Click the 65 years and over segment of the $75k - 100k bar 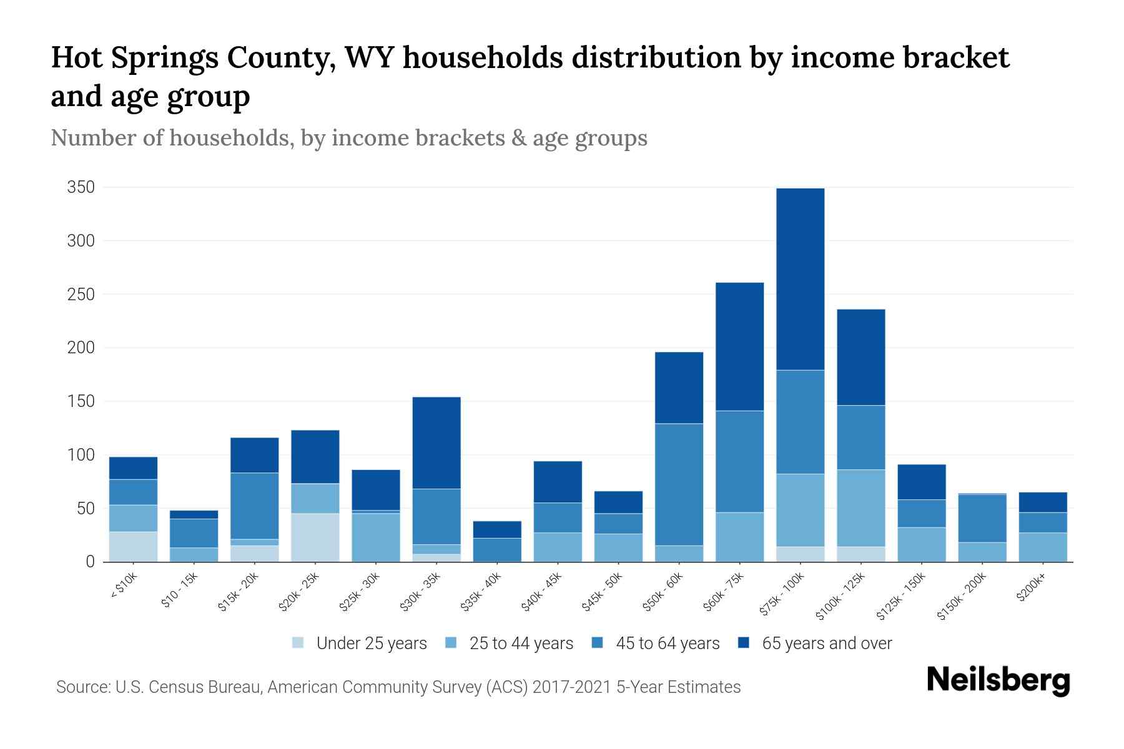800,279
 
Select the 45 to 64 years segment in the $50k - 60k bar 679,484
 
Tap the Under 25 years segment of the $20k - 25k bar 315,537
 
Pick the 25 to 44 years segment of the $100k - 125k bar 861,508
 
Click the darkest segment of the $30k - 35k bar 436,443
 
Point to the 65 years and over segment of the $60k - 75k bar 739,346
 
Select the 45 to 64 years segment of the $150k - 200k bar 982,518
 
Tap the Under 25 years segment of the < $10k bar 133,546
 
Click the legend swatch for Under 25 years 298,643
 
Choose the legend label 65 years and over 827,644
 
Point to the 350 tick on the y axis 81,187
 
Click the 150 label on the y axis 81,401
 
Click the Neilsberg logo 998,680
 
